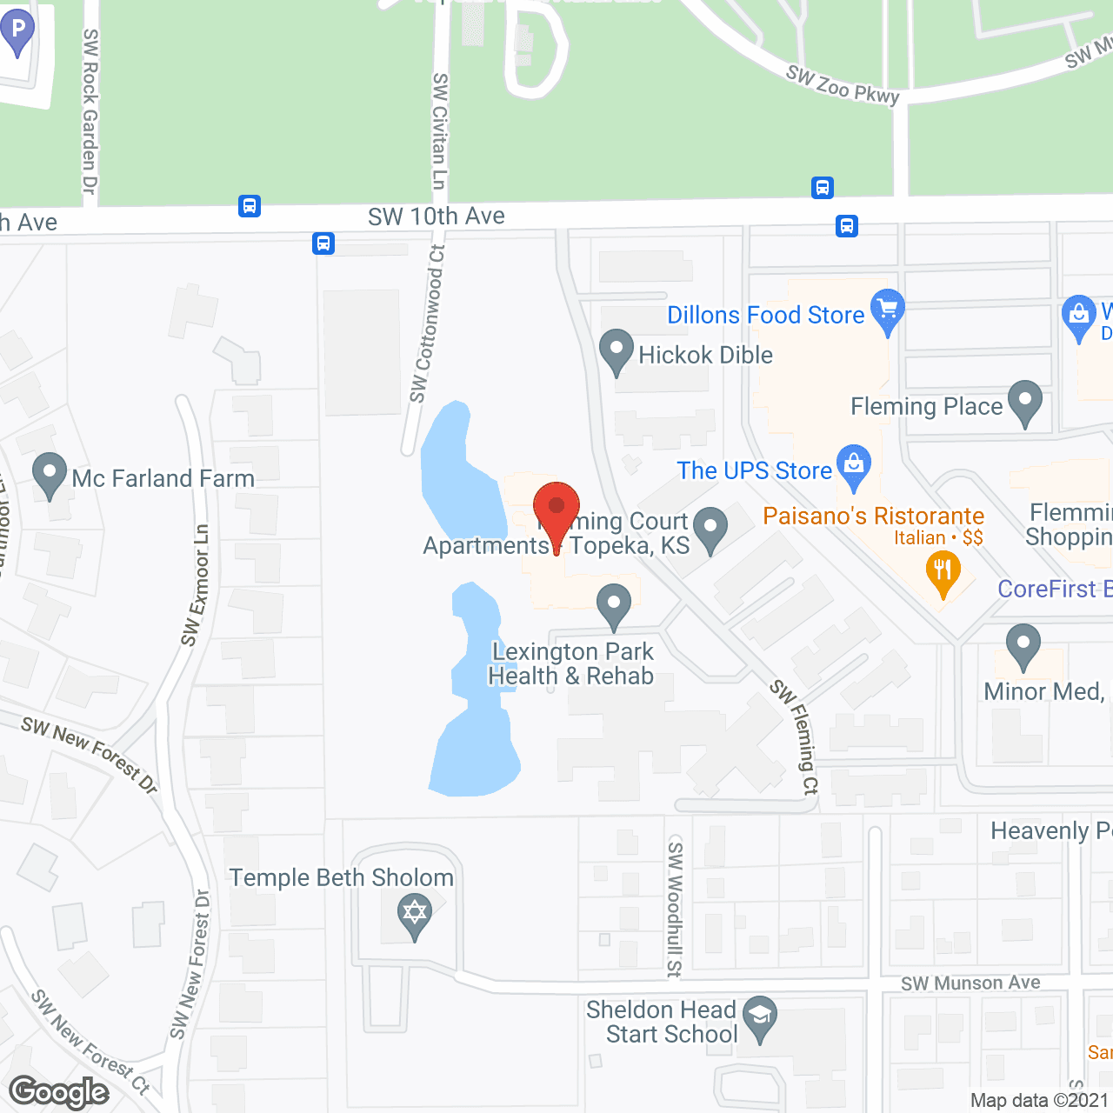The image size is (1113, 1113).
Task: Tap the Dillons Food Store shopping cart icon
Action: click(887, 310)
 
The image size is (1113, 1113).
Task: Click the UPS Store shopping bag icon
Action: click(854, 464)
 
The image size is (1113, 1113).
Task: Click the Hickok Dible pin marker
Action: click(616, 350)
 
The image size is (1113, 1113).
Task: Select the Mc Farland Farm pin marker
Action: click(50, 474)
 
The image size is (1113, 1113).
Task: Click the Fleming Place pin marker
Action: click(1025, 402)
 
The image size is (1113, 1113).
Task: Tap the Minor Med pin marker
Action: click(1023, 644)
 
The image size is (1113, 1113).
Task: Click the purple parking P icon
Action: click(17, 31)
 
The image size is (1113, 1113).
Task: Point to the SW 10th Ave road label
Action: click(436, 217)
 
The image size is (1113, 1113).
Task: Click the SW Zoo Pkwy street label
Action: click(842, 85)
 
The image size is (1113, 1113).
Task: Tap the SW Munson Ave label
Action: click(970, 983)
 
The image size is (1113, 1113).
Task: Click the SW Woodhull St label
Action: click(675, 909)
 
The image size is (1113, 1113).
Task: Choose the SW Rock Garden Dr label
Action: click(90, 111)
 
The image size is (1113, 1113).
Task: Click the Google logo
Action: click(58, 1092)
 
